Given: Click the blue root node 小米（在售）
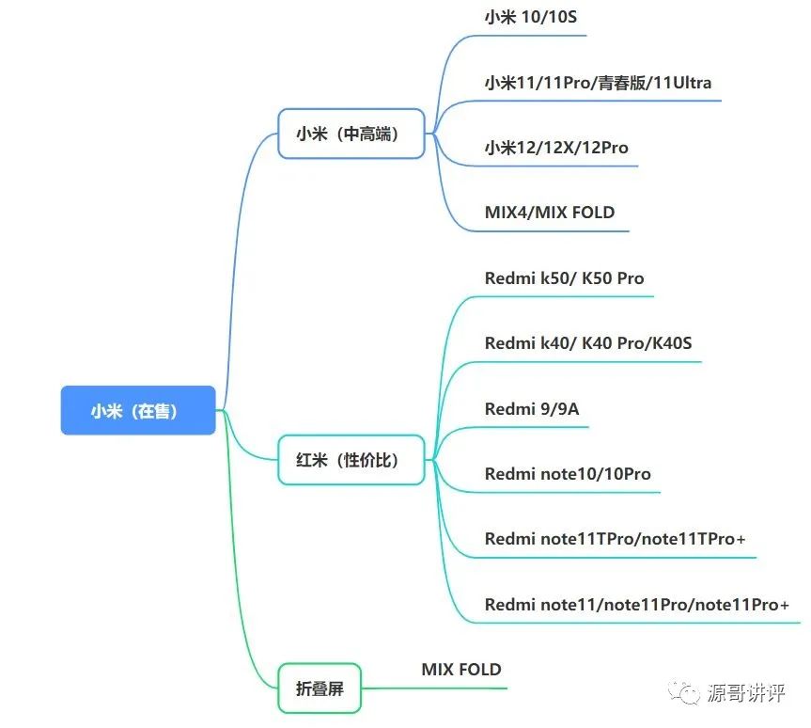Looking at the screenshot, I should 138,410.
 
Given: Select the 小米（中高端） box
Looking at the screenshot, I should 351,134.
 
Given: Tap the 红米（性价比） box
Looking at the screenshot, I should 351,460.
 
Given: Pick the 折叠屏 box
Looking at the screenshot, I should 320,688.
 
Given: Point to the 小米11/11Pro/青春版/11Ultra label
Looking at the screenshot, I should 598,83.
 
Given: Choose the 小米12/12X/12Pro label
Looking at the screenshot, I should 556,148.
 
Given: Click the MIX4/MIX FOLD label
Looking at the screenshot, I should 550,213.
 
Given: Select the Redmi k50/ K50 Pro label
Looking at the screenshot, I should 564,278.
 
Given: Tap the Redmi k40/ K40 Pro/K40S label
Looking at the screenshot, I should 588,343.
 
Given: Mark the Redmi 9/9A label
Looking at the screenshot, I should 532,408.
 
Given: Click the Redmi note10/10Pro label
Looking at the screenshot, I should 568,473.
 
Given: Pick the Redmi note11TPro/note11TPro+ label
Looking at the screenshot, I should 615,539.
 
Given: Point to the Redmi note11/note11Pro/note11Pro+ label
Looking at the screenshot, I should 637,604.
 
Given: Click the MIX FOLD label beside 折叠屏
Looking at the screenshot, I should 461,670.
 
